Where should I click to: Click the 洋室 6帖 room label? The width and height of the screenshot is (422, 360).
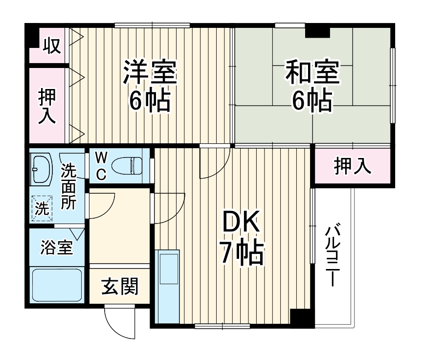click(149, 86)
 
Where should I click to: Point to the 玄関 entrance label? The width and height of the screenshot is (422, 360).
click(119, 286)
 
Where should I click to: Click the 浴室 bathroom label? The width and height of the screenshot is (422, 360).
click(56, 248)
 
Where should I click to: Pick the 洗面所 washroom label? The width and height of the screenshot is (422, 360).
click(68, 188)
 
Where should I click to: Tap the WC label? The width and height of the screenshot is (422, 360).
click(101, 166)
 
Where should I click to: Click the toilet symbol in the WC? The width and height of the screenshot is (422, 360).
click(127, 166)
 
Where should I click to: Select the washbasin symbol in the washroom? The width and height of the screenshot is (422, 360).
click(41, 168)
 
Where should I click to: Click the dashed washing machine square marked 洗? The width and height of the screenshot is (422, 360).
click(42, 208)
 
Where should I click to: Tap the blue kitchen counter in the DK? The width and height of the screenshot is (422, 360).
click(168, 286)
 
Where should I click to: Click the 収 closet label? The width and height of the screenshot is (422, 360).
click(50, 46)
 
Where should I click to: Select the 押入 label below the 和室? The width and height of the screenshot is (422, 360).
click(352, 166)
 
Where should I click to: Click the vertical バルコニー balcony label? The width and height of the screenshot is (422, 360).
click(333, 254)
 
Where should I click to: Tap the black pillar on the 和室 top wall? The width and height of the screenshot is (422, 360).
click(317, 30)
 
